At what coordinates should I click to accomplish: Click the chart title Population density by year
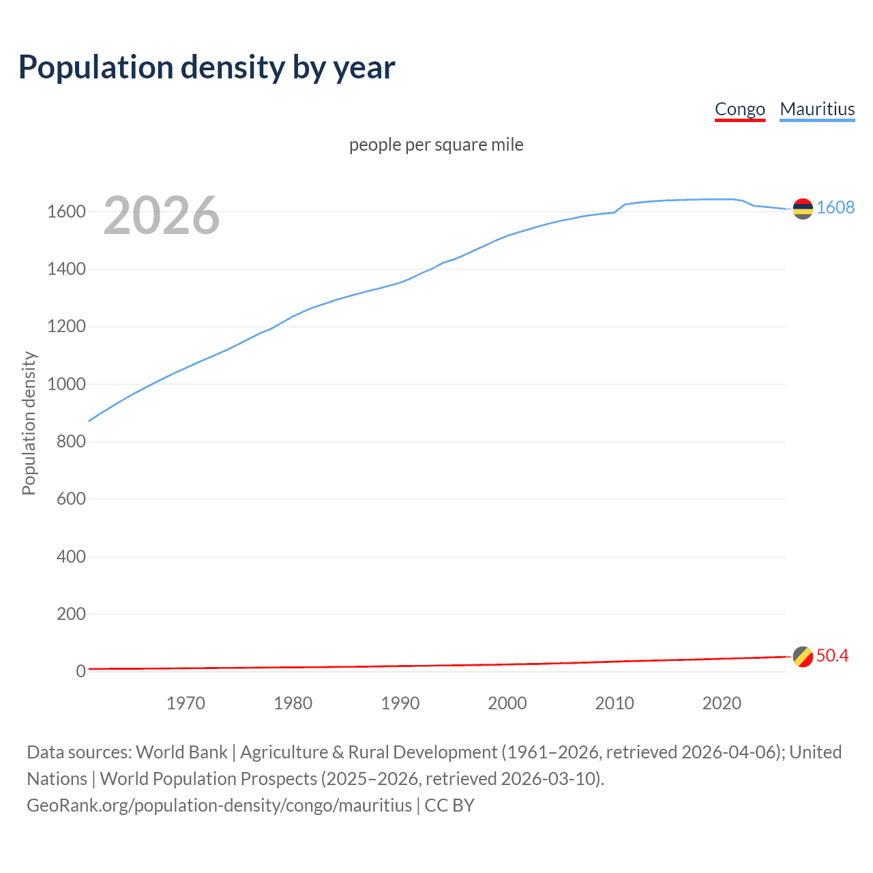[207, 67]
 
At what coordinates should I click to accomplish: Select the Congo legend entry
[739, 109]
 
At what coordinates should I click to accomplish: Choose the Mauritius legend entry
[817, 109]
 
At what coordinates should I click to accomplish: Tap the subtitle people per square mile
[436, 145]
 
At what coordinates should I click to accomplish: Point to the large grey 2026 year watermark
[162, 216]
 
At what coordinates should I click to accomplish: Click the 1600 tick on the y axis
[66, 211]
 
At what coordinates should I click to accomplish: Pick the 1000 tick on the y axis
[66, 384]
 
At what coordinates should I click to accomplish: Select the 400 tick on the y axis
[71, 557]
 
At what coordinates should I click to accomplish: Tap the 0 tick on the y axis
[80, 671]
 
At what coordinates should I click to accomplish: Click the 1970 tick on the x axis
[186, 703]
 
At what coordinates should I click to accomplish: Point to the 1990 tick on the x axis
[400, 703]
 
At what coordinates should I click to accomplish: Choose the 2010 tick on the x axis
[615, 703]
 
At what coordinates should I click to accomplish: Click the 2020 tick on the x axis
[722, 703]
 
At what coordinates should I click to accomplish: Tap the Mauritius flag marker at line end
[803, 208]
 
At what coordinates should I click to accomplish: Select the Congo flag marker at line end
[803, 657]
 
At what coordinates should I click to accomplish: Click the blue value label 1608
[835, 207]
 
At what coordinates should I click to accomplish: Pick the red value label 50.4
[832, 655]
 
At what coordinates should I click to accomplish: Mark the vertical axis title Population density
[29, 423]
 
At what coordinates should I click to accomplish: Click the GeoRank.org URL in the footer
[219, 805]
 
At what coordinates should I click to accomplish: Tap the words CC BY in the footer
[449, 805]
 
